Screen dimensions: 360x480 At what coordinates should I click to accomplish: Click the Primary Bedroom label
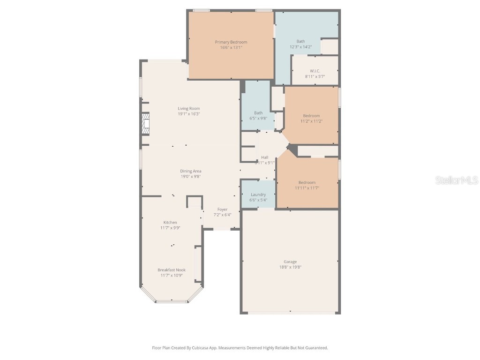click(x=231, y=42)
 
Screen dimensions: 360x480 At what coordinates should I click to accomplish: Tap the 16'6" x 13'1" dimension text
click(x=231, y=47)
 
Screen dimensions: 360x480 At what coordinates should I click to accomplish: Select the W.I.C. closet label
click(x=315, y=71)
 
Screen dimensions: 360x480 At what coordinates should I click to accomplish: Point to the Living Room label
click(x=188, y=108)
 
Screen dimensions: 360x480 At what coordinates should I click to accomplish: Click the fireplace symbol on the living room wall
click(x=146, y=124)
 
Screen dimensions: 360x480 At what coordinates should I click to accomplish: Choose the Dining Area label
click(x=191, y=171)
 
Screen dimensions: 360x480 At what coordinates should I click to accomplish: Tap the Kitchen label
click(x=170, y=222)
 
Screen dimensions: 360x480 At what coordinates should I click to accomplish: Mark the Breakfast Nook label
click(x=172, y=270)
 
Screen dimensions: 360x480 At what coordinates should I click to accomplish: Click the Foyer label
click(x=222, y=210)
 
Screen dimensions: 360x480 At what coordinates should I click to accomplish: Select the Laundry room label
click(x=258, y=195)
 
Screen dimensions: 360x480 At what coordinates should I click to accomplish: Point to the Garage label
click(x=290, y=262)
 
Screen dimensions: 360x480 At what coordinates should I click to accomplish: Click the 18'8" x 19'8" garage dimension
click(x=290, y=267)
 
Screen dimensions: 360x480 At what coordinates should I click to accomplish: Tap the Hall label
click(x=265, y=157)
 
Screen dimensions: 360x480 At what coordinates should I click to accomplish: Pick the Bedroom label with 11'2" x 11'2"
click(x=311, y=116)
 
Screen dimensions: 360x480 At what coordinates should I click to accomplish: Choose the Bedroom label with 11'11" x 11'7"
click(x=307, y=182)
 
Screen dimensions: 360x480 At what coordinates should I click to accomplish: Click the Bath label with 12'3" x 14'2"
click(x=300, y=41)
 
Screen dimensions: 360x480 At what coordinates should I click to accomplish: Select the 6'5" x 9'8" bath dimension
click(x=258, y=118)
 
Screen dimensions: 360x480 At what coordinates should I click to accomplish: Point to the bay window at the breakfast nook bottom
click(x=172, y=301)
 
